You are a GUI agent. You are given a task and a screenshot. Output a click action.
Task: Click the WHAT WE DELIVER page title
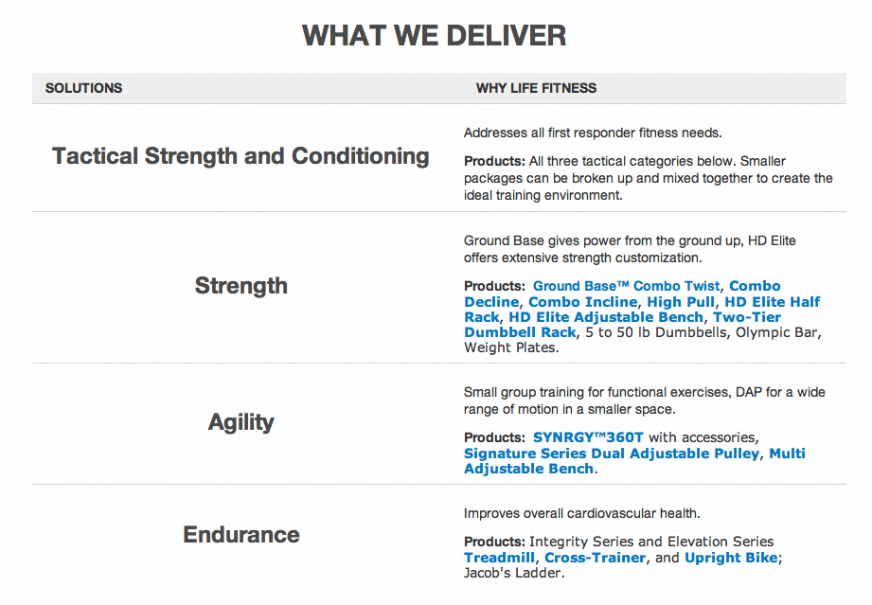click(435, 36)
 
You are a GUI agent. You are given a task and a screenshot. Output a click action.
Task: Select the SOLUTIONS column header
click(84, 88)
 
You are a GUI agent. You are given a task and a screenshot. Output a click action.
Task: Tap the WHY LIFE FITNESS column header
click(536, 88)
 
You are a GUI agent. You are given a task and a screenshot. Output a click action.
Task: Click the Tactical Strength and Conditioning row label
click(240, 156)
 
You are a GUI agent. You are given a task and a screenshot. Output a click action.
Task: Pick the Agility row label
click(241, 422)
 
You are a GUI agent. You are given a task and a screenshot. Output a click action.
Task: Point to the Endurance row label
click(241, 534)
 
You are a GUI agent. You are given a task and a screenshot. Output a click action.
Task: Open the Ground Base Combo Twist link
click(626, 286)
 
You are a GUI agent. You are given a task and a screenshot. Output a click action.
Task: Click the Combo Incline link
click(583, 302)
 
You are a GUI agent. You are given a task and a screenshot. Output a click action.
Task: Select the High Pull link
click(681, 302)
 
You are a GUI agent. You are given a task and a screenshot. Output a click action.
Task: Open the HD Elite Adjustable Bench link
click(606, 317)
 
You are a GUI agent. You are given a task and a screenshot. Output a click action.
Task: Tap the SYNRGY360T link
click(588, 437)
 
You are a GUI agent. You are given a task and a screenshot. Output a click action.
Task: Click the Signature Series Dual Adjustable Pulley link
click(612, 454)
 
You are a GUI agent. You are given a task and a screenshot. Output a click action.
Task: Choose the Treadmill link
click(499, 558)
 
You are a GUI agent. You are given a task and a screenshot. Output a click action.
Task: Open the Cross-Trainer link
click(595, 558)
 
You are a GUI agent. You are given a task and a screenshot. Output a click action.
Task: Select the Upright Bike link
click(731, 558)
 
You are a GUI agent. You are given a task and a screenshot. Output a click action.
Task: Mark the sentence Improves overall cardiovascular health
click(581, 513)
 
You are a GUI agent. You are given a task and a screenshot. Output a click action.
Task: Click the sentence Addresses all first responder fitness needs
click(593, 133)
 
